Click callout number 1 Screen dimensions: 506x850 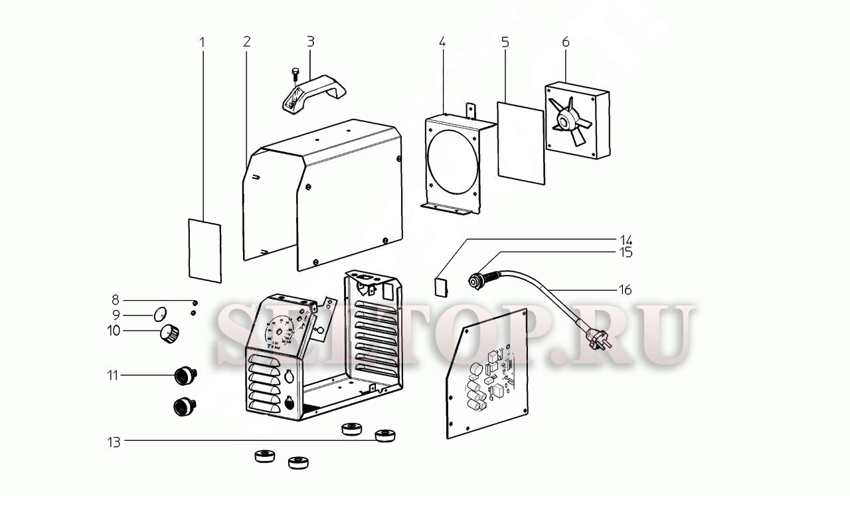click(x=203, y=42)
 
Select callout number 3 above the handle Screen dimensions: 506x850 click(x=310, y=42)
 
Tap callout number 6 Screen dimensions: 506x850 click(x=566, y=42)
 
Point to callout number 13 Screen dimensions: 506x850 click(x=115, y=442)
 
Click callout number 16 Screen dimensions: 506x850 click(x=624, y=290)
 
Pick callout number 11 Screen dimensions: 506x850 click(x=114, y=376)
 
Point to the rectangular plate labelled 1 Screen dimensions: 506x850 click(x=205, y=250)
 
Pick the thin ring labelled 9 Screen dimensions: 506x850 click(x=160, y=313)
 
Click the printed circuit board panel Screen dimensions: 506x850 click(x=488, y=375)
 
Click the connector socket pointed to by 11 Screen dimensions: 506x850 click(x=183, y=377)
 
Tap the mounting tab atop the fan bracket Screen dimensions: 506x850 click(x=471, y=110)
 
